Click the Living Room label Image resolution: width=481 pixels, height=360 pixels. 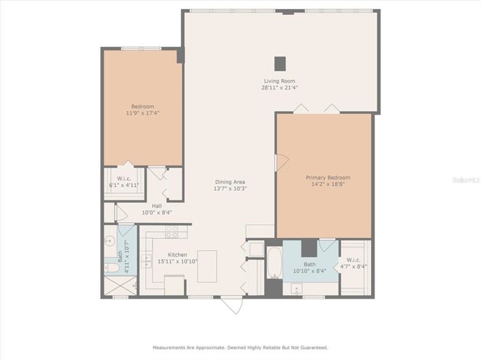280,81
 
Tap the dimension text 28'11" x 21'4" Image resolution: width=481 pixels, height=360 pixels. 280,87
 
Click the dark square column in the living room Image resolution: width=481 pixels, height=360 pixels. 280,63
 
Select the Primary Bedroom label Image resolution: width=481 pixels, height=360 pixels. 324,177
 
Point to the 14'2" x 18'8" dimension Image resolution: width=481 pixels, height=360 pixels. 324,184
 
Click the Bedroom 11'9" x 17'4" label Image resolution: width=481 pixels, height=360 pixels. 143,109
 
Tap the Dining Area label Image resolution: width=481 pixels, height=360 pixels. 230,182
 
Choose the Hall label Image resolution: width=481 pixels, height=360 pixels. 157,206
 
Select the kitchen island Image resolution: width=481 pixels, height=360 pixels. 207,266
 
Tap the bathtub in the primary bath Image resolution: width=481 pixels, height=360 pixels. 274,263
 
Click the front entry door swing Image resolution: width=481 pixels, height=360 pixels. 232,305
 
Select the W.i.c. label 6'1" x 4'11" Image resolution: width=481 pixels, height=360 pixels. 123,181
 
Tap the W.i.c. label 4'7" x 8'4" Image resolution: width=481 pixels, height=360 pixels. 355,262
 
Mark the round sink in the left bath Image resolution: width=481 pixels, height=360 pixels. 109,240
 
